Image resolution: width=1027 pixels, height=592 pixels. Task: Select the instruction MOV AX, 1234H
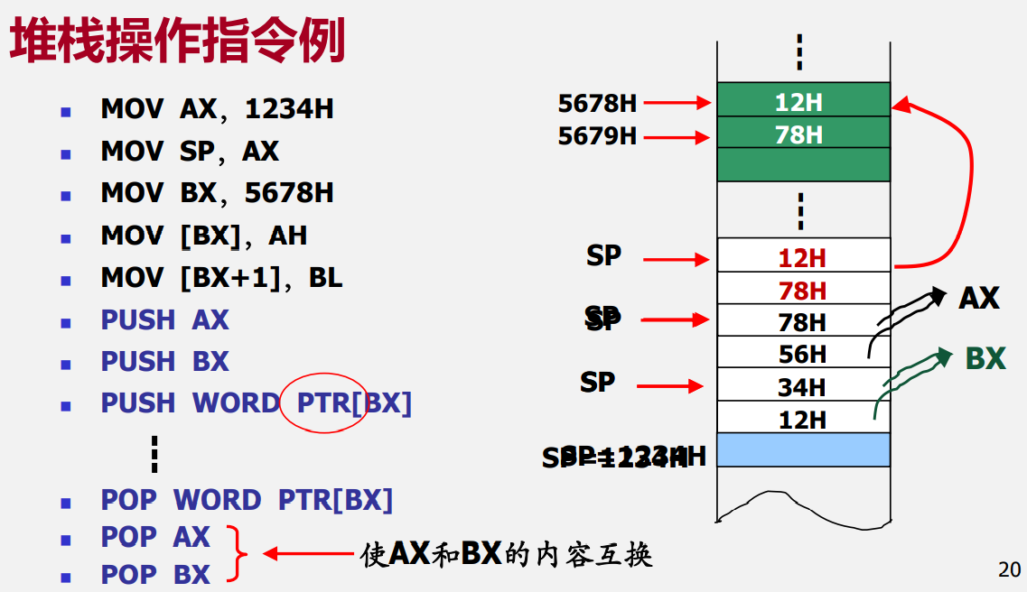pos(217,109)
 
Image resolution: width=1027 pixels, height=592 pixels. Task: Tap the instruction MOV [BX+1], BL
pos(221,277)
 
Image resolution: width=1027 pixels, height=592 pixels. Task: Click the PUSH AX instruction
pos(164,319)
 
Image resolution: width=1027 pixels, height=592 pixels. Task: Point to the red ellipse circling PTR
pos(322,402)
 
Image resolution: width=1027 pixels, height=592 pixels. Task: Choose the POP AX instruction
pos(154,537)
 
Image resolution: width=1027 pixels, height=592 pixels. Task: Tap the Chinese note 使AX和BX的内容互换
pos(506,553)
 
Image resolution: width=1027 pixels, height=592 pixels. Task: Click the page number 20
pos(1010,569)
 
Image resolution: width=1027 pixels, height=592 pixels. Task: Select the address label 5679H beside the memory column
pos(597,136)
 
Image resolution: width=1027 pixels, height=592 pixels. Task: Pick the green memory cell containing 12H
pos(803,100)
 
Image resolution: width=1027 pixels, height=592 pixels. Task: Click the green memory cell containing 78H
pos(803,134)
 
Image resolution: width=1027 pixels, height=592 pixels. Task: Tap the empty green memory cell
pos(803,165)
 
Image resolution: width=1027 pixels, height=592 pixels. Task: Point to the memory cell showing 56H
pos(803,353)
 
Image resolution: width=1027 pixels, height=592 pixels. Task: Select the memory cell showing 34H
pos(803,386)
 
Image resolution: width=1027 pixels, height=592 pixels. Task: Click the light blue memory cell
pos(803,449)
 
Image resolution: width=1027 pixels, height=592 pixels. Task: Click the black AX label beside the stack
pos(978,298)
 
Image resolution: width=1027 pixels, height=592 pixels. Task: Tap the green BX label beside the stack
pos(985,358)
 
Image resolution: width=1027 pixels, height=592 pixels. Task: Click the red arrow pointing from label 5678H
pos(677,103)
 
